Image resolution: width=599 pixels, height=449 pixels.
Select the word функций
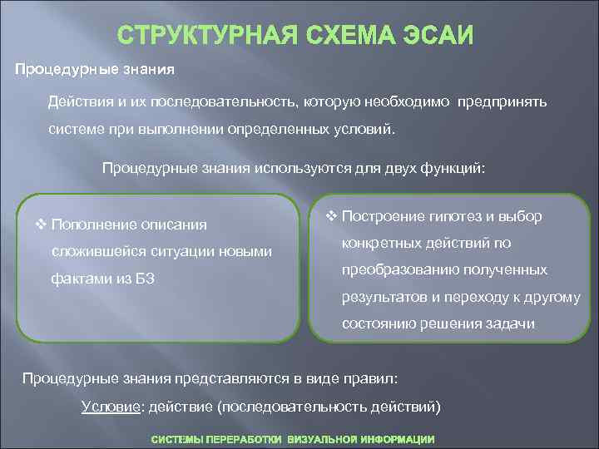point(448,168)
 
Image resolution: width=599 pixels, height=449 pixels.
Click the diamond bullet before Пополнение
point(41,224)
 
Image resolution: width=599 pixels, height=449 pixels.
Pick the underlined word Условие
point(107,406)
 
